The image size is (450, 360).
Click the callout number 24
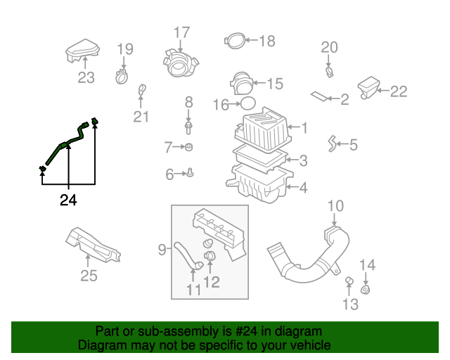pyautogui.click(x=67, y=201)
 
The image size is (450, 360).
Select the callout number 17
pyautogui.click(x=181, y=32)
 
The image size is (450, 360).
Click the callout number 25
pyautogui.click(x=88, y=276)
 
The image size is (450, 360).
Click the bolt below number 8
pyautogui.click(x=189, y=128)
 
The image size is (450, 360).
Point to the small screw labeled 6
pyautogui.click(x=191, y=172)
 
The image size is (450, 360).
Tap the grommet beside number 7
pyautogui.click(x=189, y=147)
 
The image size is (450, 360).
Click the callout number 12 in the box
pyautogui.click(x=211, y=282)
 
